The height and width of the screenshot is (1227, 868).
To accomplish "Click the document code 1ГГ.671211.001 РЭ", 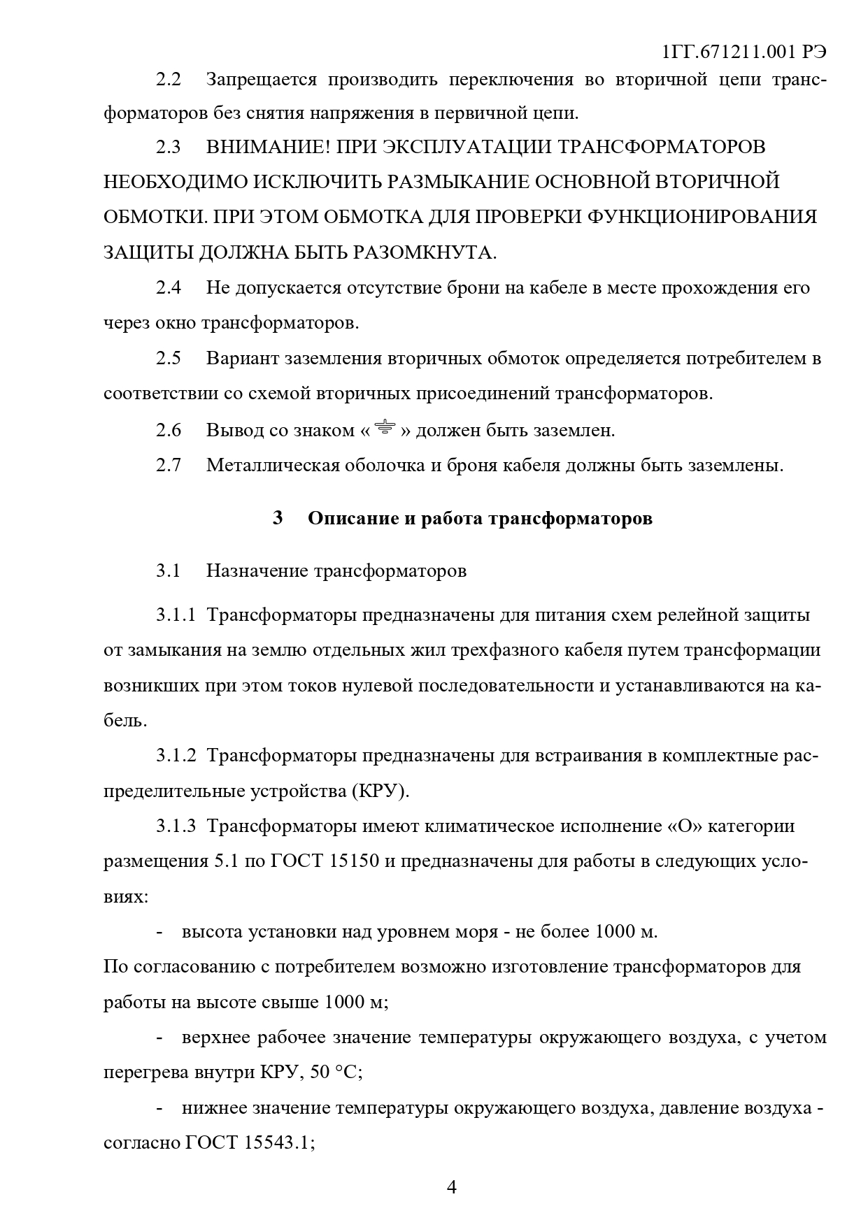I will pos(744,52).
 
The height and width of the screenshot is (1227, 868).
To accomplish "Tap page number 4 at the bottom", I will pos(451,1187).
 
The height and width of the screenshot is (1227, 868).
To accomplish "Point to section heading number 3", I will pos(278,519).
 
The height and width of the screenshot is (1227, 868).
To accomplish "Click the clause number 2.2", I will pos(168,80).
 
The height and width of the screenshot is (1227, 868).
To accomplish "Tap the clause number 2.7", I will pos(168,465).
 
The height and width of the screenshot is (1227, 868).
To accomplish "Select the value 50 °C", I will pos(336,1072).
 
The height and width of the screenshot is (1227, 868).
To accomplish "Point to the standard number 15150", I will pos(350,861).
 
